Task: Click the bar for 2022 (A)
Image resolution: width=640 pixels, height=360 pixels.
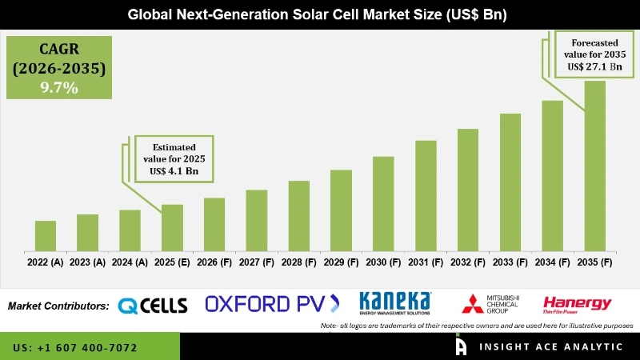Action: coord(46,235)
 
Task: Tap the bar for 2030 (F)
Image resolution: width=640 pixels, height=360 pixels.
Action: coord(383,203)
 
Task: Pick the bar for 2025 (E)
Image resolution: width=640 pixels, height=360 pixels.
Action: coord(172,227)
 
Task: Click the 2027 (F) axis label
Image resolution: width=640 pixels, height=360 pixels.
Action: coord(257,262)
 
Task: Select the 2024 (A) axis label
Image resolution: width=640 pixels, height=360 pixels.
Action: coord(130,262)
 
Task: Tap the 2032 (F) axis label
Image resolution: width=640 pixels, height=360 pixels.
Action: coord(468,262)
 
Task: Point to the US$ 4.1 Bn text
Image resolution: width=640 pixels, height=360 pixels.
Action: coord(174,172)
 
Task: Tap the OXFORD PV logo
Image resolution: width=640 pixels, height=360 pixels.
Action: coord(272,303)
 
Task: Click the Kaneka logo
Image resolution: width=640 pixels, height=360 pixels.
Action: coord(395,302)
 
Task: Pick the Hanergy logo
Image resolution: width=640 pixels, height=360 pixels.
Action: coord(577,303)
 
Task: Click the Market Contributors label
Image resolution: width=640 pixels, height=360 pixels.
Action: coord(58,306)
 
